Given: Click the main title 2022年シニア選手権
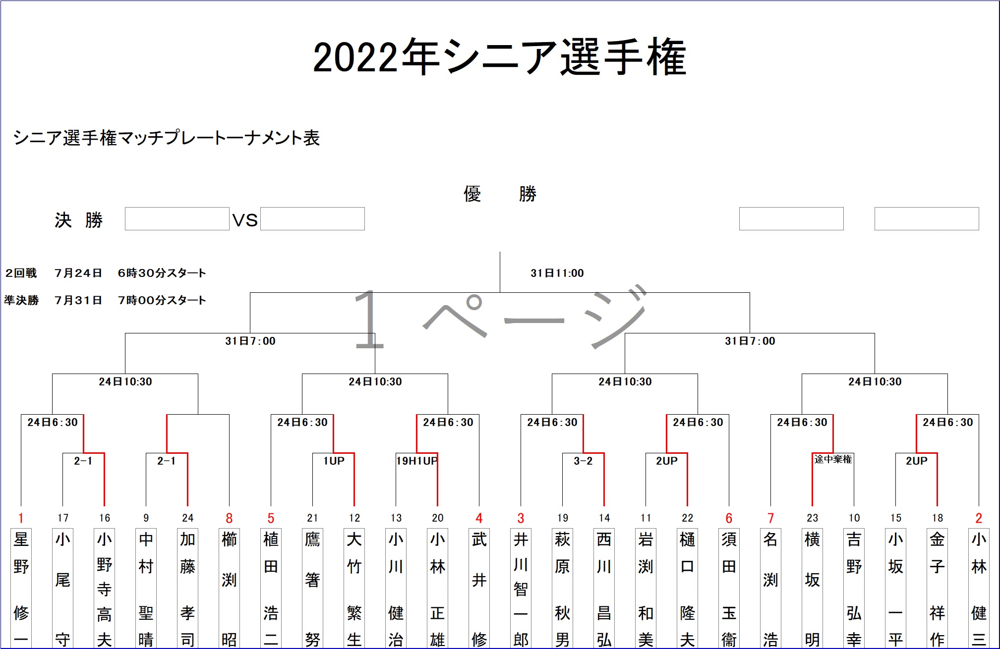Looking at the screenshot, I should click(x=499, y=57).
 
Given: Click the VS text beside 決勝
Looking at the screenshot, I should click(x=245, y=220).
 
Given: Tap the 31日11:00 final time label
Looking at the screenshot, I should click(x=557, y=273).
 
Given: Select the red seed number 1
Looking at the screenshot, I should click(x=21, y=518).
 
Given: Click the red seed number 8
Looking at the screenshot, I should click(x=229, y=518).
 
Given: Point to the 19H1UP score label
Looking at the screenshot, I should click(x=416, y=461).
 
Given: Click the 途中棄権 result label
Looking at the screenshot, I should click(x=833, y=459).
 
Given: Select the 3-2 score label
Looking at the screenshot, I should click(x=583, y=461).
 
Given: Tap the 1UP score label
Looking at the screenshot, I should click(x=334, y=461).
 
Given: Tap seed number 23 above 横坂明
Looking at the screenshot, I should click(x=812, y=518).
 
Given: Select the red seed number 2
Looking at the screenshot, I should click(x=979, y=518).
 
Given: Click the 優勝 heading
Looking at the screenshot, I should click(x=500, y=194).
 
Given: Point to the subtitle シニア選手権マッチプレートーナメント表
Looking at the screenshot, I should click(x=167, y=138).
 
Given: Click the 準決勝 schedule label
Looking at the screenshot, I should click(x=21, y=300).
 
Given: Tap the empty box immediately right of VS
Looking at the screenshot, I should click(x=312, y=219).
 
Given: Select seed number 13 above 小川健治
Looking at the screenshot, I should click(x=396, y=518).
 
